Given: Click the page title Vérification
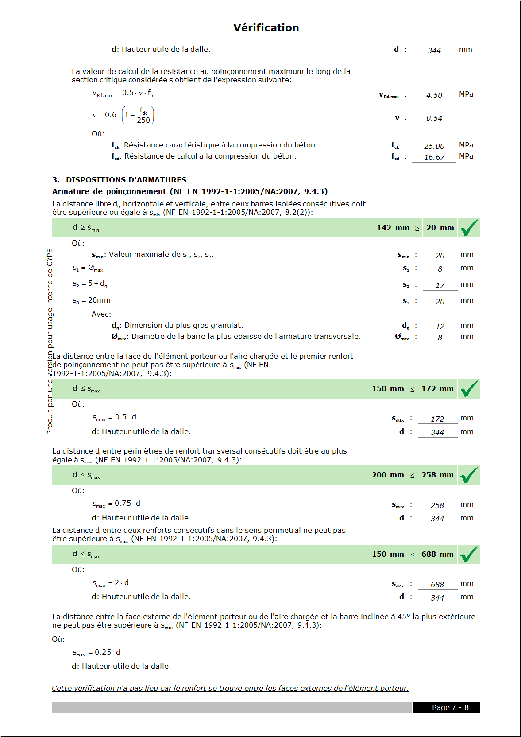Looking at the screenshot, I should click(266, 28).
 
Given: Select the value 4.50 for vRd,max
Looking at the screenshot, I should click(434, 95).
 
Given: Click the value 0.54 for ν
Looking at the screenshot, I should click(434, 118).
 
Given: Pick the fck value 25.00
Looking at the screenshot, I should click(434, 146).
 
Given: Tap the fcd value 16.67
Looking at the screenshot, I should click(434, 157).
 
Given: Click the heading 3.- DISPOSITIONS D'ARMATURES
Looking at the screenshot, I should click(119, 180).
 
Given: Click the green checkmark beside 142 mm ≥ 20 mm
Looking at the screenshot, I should click(469, 228).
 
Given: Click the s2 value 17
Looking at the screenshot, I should click(440, 285).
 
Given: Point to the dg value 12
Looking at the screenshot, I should click(440, 326).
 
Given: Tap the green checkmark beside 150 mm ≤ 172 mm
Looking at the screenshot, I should click(469, 389).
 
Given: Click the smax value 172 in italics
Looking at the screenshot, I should click(437, 419).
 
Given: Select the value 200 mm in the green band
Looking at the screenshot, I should click(388, 475).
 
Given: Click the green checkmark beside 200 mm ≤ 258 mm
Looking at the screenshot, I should click(469, 475).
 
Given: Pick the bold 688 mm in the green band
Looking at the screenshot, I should click(437, 554).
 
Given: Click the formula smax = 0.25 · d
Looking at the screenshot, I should click(96, 652).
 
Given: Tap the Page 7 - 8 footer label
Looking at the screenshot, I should click(450, 707).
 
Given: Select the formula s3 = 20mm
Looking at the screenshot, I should click(92, 300).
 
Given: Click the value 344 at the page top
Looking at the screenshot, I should click(434, 50).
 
